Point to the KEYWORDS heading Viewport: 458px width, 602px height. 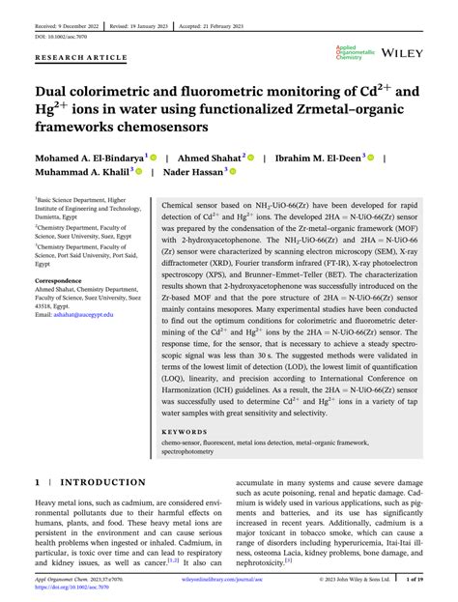coord(184,432)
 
